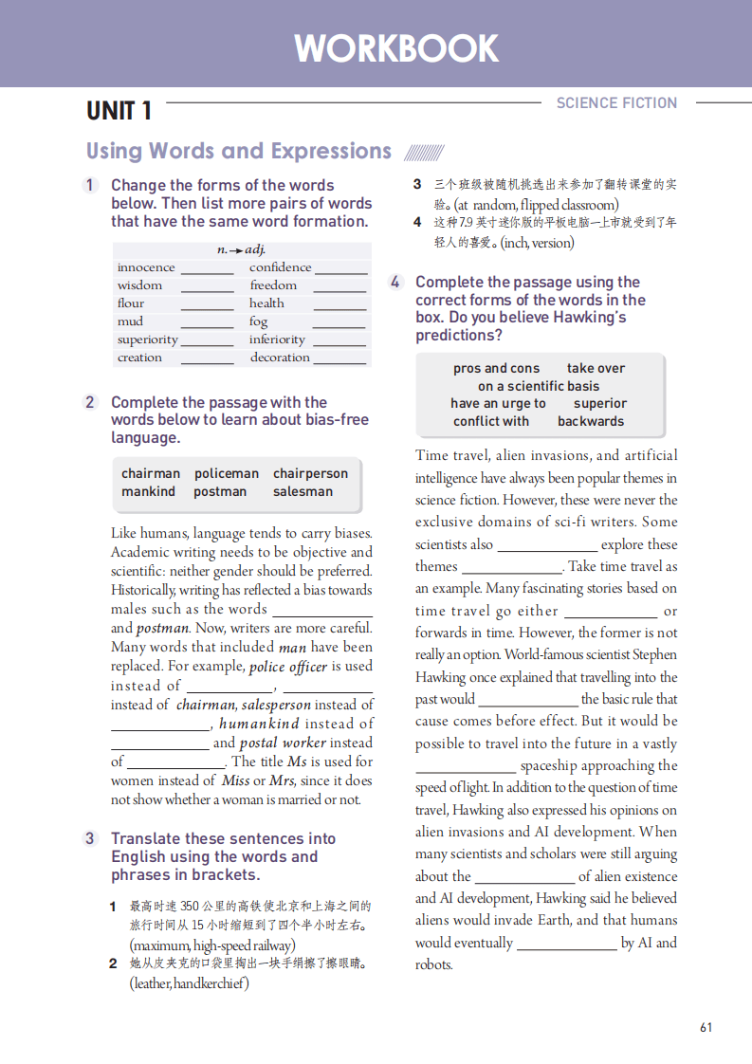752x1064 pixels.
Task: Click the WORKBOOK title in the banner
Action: pyautogui.click(x=395, y=48)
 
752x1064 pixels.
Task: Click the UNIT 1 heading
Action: pyautogui.click(x=119, y=111)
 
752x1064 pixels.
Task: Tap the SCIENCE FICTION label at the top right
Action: pyautogui.click(x=616, y=102)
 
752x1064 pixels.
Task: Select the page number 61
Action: pyautogui.click(x=706, y=1027)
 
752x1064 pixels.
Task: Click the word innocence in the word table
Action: pyautogui.click(x=146, y=267)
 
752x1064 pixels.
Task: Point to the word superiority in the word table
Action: pyautogui.click(x=147, y=339)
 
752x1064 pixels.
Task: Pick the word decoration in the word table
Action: pyautogui.click(x=280, y=358)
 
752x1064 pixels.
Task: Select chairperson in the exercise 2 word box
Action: pyautogui.click(x=310, y=473)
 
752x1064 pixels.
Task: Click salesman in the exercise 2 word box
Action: pyautogui.click(x=303, y=491)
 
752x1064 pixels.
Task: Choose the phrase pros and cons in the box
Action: pyautogui.click(x=496, y=368)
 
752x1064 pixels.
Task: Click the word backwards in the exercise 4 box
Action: pyautogui.click(x=591, y=421)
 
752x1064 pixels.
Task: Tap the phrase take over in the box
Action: pyautogui.click(x=596, y=368)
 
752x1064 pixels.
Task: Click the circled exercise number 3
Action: pyautogui.click(x=90, y=838)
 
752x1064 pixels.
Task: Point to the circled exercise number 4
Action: pyautogui.click(x=395, y=282)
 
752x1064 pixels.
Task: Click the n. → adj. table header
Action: pyautogui.click(x=241, y=249)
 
